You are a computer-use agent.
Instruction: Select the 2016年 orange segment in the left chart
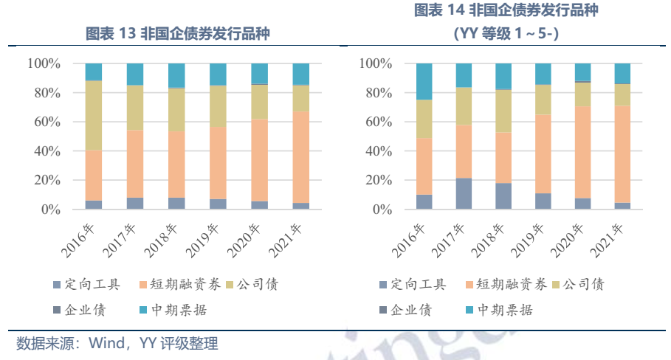coord(94,176)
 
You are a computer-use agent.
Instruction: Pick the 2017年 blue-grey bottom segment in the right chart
coord(464,193)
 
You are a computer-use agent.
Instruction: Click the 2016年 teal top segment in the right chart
coord(423,81)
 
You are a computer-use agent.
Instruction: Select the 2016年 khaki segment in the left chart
coord(94,115)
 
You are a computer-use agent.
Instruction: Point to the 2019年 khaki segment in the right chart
coord(543,100)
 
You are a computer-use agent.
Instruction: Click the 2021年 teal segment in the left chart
coord(300,74)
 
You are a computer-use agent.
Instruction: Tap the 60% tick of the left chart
coord(44,122)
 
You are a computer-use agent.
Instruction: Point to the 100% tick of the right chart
coord(374,63)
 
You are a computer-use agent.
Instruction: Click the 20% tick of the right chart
coord(377,181)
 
